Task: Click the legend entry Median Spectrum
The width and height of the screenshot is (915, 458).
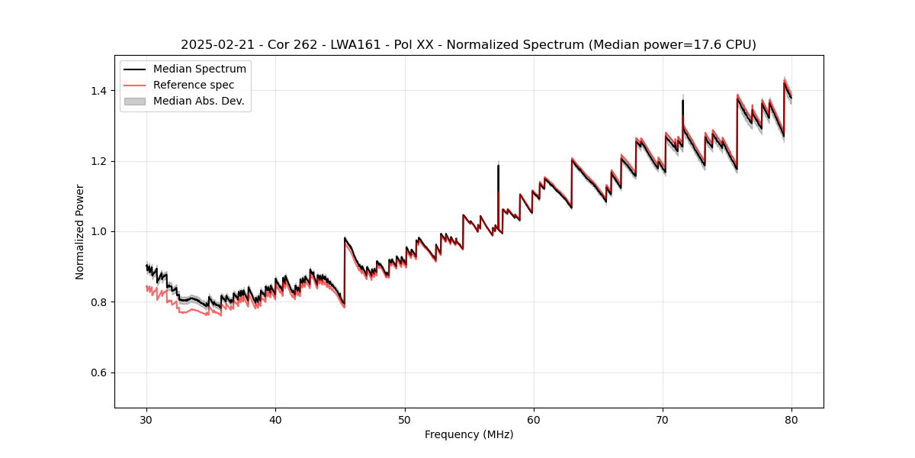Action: [200, 69]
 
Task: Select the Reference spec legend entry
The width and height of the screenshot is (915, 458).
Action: [194, 85]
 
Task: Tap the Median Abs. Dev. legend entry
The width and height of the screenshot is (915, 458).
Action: [198, 101]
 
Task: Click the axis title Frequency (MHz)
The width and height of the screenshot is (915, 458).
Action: [469, 434]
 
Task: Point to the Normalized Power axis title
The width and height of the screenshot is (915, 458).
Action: [80, 231]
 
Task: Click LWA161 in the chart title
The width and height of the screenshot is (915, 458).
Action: [355, 45]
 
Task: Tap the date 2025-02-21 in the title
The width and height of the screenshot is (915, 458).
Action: [216, 45]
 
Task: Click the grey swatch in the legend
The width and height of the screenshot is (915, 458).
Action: [135, 101]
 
